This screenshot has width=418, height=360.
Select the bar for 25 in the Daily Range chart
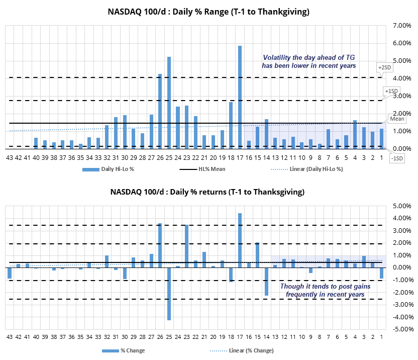[169, 103]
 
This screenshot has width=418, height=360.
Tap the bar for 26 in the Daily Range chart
[160, 111]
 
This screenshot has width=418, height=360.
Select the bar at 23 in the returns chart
[186, 246]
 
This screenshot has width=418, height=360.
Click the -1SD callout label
[397, 158]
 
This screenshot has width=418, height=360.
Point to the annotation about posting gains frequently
[322, 290]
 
